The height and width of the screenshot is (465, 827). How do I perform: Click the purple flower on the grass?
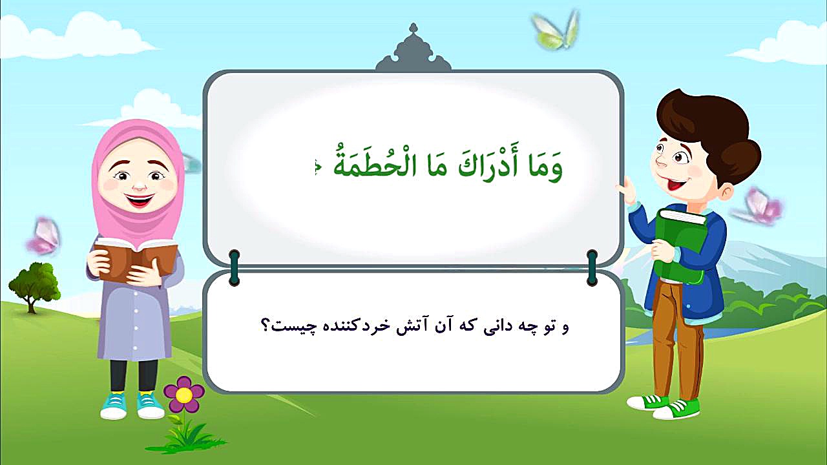click(x=183, y=395)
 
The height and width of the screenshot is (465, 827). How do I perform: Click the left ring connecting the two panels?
click(x=234, y=267)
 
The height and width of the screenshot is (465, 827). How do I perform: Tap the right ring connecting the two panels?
click(x=592, y=267)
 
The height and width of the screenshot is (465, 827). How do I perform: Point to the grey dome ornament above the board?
click(x=413, y=50)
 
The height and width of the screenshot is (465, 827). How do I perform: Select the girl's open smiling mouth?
click(x=140, y=200)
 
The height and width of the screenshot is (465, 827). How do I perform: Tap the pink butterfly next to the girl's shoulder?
click(x=43, y=236)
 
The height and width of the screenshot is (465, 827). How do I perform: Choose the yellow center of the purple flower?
click(x=183, y=395)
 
